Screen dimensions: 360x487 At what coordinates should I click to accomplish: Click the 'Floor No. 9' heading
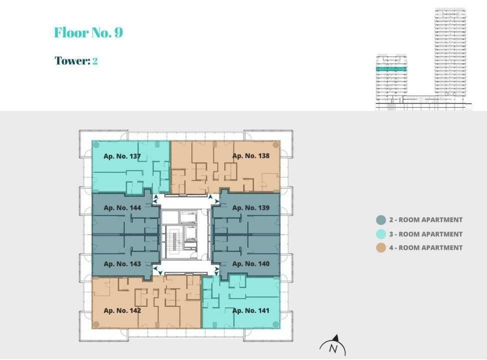88,33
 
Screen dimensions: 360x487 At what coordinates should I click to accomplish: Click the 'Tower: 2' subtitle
76,61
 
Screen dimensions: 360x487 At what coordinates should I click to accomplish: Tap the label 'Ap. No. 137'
122,156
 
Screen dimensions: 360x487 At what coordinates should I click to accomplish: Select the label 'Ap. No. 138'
250,156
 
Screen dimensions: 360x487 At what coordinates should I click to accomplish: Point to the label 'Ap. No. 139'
250,207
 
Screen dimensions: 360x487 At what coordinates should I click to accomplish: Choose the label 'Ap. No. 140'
250,263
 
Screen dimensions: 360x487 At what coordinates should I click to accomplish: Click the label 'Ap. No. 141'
250,310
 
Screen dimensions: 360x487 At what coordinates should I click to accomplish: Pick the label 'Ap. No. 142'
122,310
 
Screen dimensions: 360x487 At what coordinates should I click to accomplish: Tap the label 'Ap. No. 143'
122,263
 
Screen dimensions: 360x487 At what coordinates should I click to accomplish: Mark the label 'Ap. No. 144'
122,207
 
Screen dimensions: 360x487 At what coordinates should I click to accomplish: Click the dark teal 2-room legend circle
381,220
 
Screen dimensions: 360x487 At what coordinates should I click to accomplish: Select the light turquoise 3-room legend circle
381,234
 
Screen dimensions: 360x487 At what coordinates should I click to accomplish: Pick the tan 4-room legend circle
381,247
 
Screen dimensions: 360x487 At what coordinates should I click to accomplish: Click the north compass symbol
333,345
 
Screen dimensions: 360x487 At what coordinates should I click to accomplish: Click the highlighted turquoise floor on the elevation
391,68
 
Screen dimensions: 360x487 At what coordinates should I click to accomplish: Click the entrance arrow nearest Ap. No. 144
156,199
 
